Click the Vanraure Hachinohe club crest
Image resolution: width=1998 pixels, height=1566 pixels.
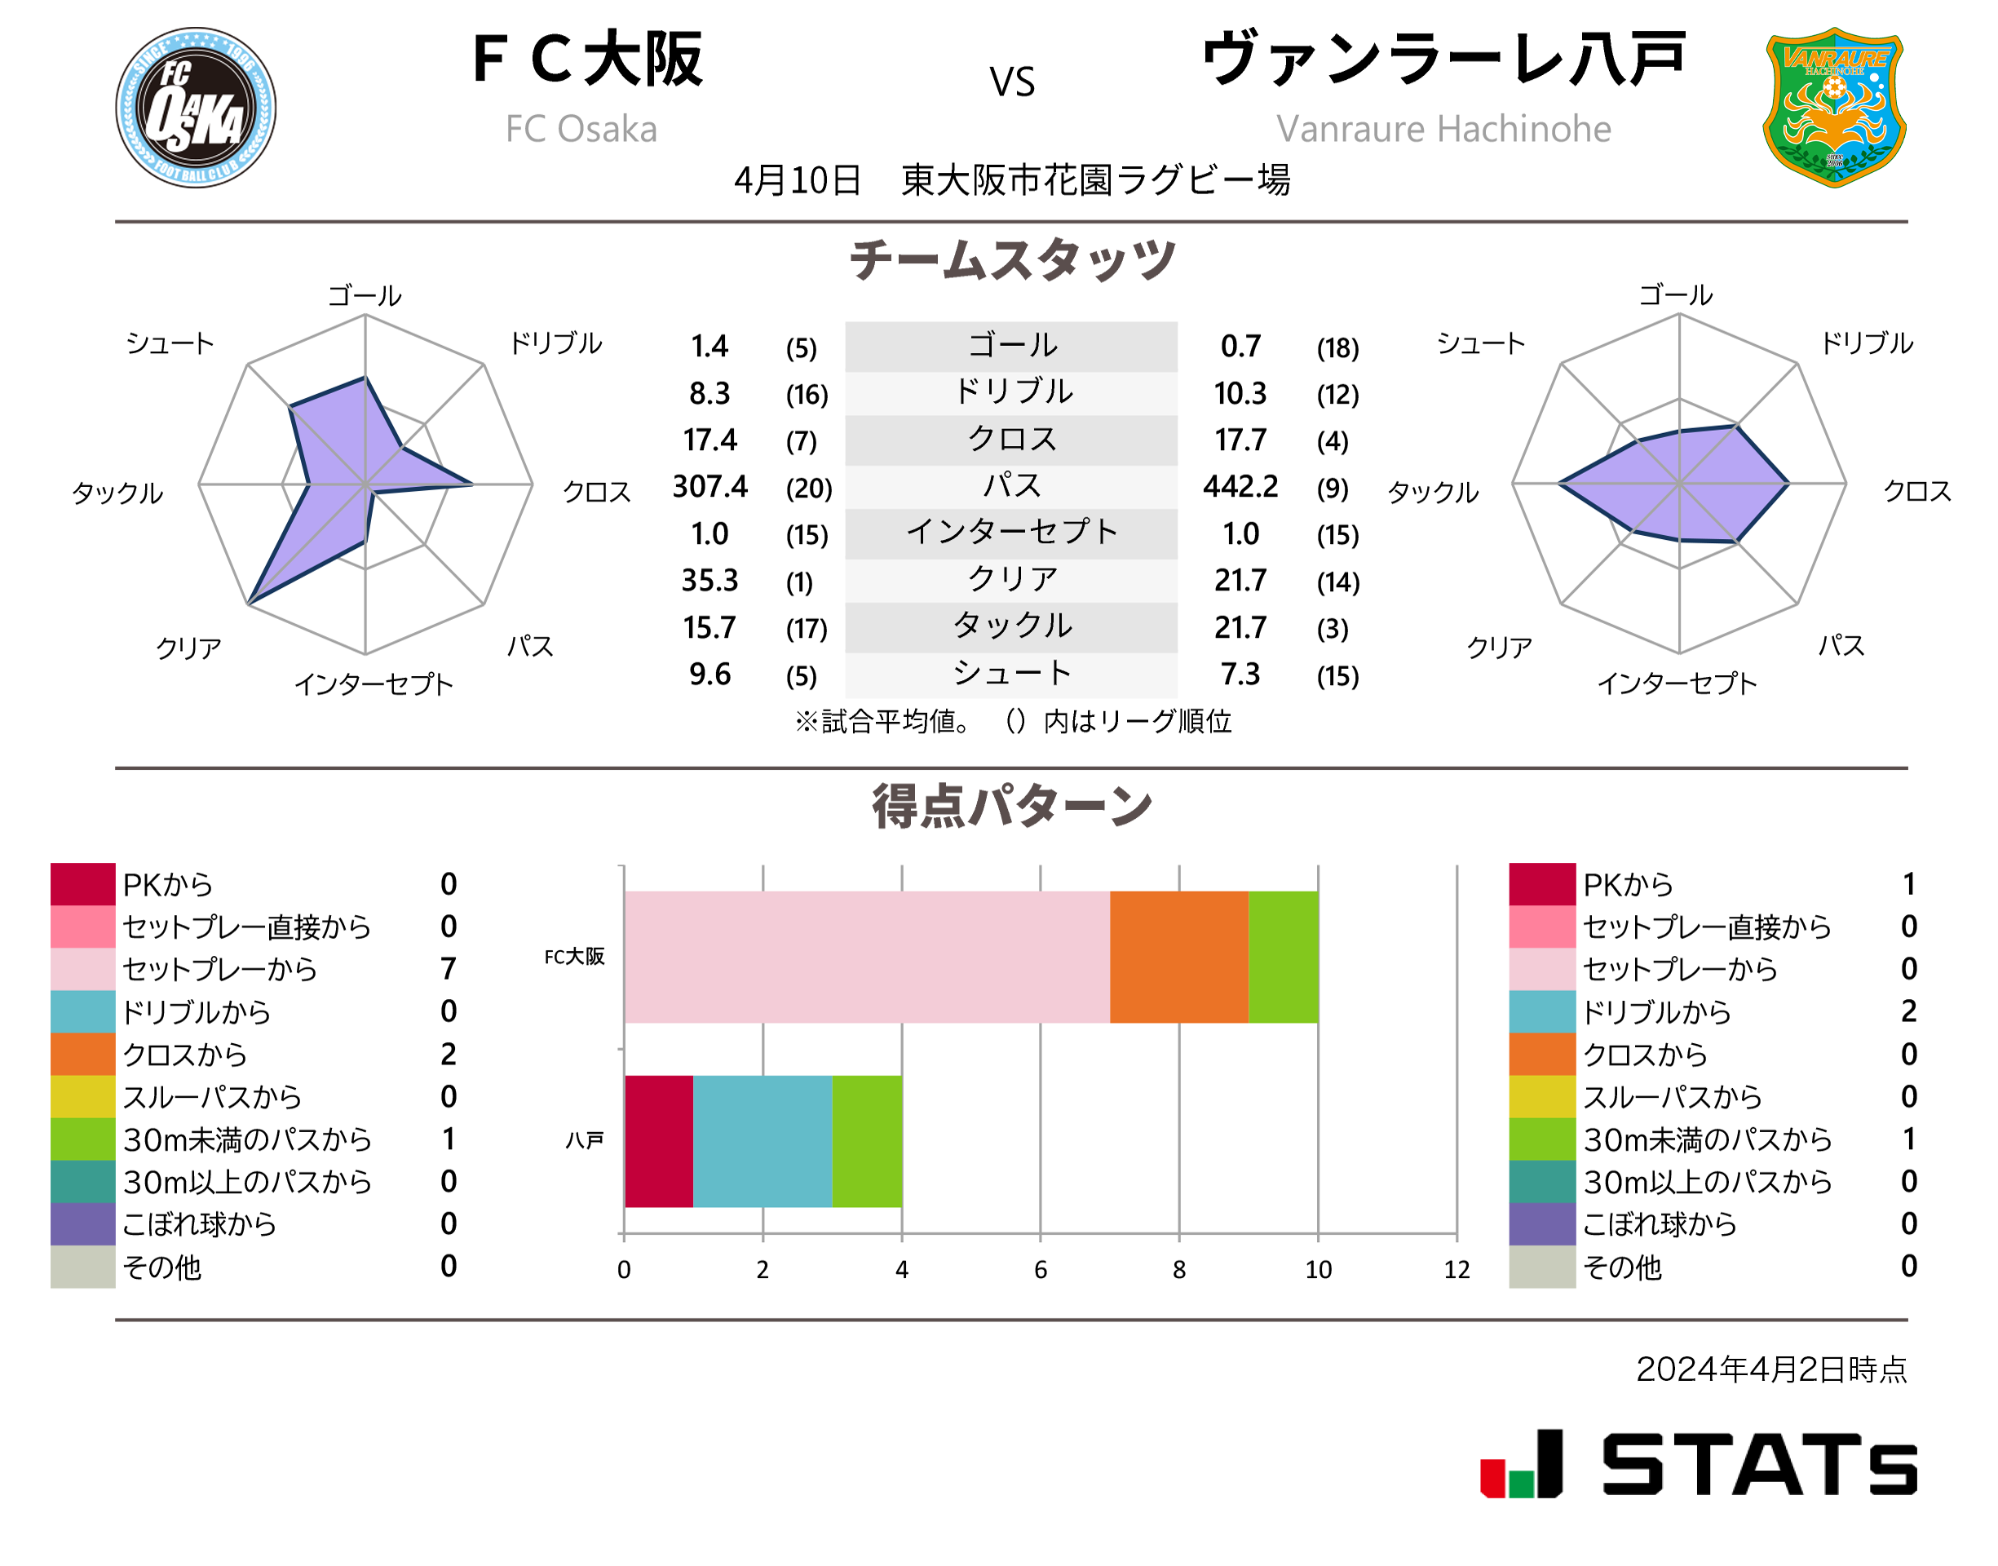(1833, 108)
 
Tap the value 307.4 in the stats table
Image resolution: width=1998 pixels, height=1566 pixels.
(709, 487)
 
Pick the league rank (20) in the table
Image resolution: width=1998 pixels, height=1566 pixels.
(808, 489)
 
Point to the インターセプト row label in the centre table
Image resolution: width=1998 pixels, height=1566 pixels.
(1011, 532)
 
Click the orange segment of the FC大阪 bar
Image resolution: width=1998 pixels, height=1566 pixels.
(1178, 956)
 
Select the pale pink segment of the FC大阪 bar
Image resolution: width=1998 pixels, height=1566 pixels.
(866, 956)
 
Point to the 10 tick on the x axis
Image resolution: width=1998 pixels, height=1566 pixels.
(1317, 1270)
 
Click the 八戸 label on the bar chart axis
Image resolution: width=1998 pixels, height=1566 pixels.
(584, 1140)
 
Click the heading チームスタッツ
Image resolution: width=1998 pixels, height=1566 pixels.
(1011, 259)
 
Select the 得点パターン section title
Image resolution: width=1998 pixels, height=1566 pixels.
(1011, 807)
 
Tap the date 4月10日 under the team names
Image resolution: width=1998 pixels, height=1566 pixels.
(797, 180)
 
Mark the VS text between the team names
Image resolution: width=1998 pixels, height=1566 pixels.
(1011, 82)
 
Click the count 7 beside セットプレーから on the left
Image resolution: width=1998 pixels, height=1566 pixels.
(449, 969)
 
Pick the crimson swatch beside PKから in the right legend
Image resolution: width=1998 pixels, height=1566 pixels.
(1541, 884)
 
